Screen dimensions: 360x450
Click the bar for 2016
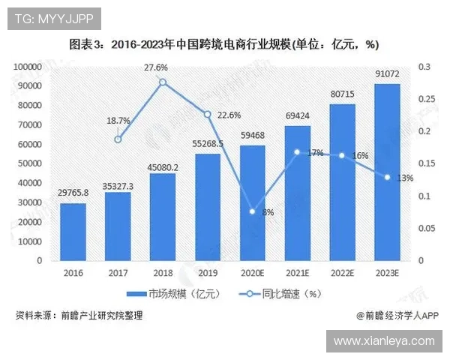pyautogui.click(x=73, y=232)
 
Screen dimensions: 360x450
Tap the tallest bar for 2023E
pyautogui.click(x=387, y=172)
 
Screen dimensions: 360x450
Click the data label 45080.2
pyautogui.click(x=163, y=168)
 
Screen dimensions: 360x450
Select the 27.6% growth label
pyautogui.click(x=157, y=67)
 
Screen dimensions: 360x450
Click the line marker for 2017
pyautogui.click(x=118, y=139)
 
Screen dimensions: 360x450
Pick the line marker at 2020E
pyautogui.click(x=252, y=211)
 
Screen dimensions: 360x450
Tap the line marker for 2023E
pyautogui.click(x=387, y=177)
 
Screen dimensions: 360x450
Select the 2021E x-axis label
pyautogui.click(x=297, y=272)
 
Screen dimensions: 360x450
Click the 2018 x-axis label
pyautogui.click(x=163, y=272)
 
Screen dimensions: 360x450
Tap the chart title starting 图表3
pyautogui.click(x=224, y=44)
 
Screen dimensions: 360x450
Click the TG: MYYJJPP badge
pyautogui.click(x=52, y=17)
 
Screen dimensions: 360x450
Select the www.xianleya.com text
pyautogui.click(x=384, y=340)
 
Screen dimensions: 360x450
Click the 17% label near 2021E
pyautogui.click(x=316, y=153)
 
